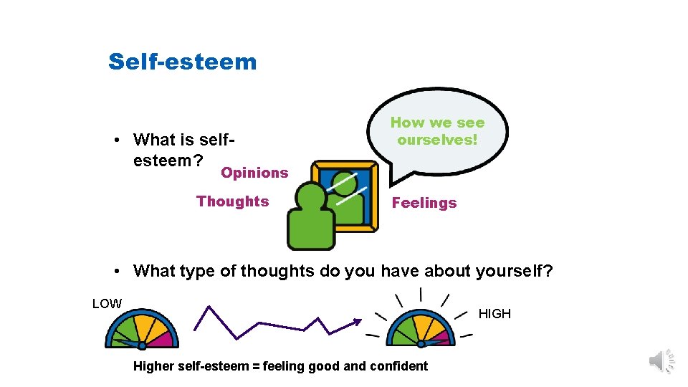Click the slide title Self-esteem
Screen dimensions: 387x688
(x=182, y=62)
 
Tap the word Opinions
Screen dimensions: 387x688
(x=254, y=173)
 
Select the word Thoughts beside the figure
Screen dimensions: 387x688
(x=233, y=201)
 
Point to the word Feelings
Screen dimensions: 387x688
(x=424, y=203)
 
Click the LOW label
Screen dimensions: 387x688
(x=107, y=304)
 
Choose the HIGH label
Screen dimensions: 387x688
(x=494, y=313)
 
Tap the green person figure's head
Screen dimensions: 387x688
(x=312, y=197)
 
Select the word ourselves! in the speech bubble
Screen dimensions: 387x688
(x=437, y=140)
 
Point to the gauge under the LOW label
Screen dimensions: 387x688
(x=141, y=330)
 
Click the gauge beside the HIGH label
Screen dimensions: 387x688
(x=421, y=330)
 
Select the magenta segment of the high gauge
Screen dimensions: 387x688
(x=442, y=337)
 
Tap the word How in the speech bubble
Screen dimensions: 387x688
(x=403, y=123)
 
